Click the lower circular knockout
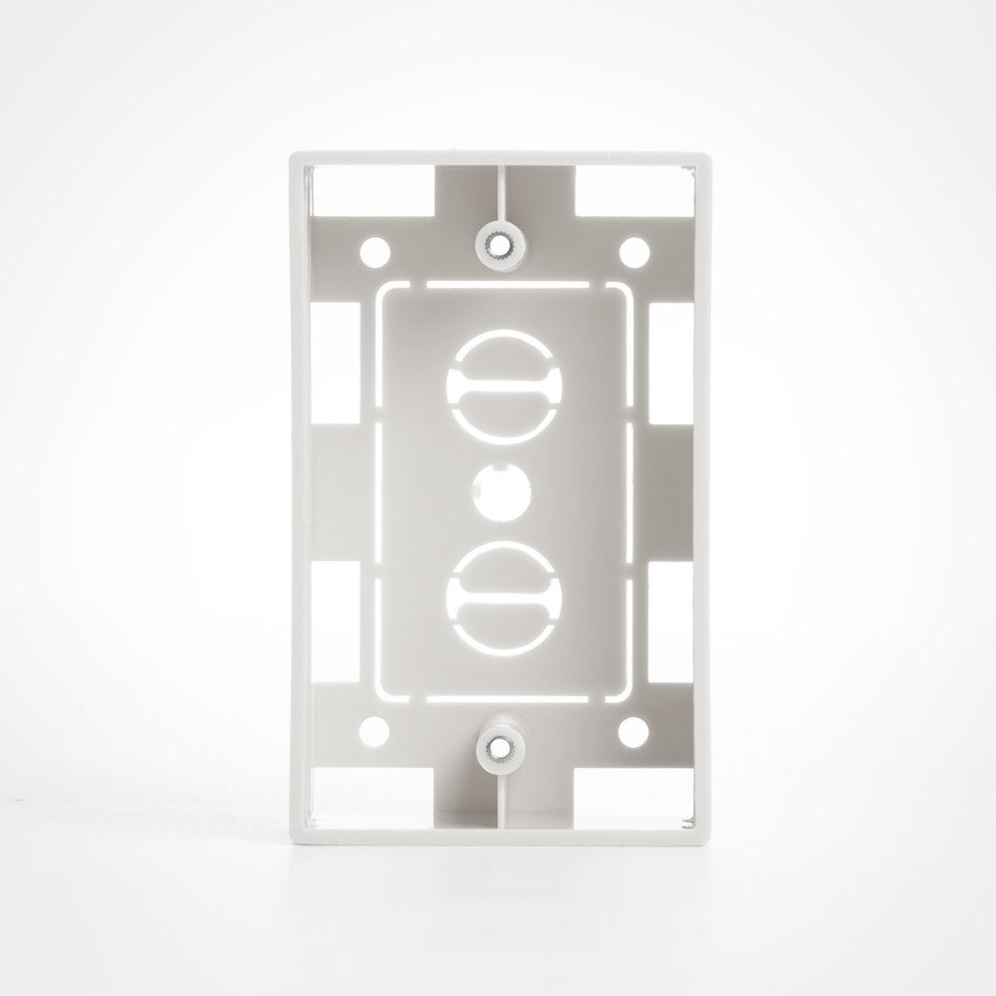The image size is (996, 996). (503, 594)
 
